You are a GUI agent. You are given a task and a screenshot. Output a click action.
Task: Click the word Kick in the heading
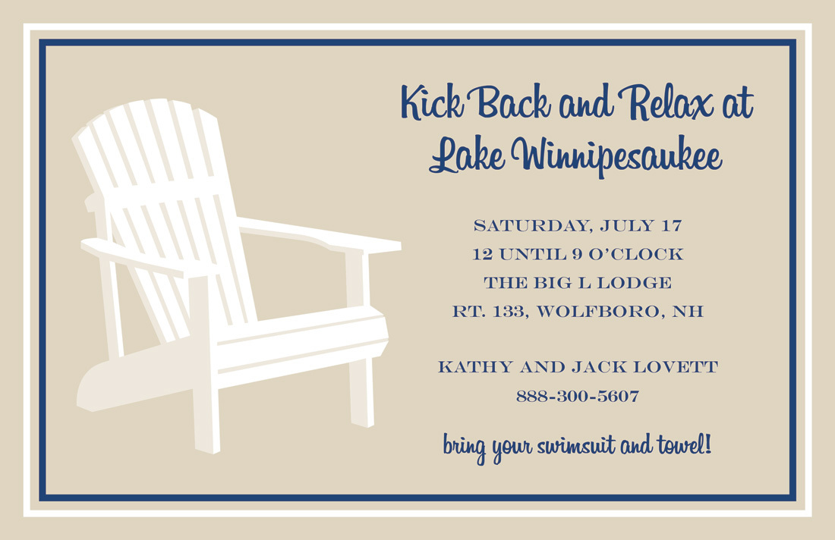click(x=432, y=102)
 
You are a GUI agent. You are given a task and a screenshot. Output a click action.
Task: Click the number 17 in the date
click(x=671, y=225)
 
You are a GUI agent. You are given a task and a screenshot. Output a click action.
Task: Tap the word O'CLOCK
click(x=635, y=254)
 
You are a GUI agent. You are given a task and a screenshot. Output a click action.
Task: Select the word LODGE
click(x=635, y=282)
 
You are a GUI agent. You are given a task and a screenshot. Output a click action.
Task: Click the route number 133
click(x=513, y=311)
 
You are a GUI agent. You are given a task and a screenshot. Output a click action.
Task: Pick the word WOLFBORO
click(x=600, y=311)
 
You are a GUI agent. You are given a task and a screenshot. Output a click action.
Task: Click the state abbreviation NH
click(x=688, y=311)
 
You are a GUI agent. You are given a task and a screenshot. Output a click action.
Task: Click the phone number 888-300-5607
click(x=578, y=397)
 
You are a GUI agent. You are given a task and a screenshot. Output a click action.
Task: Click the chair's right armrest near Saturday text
click(x=319, y=234)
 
